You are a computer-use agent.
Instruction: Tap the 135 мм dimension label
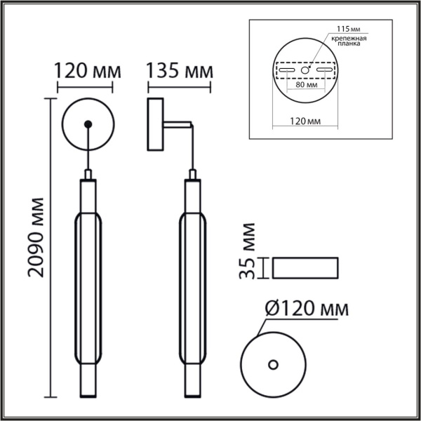coord(180,71)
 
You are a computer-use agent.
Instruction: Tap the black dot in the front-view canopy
coord(87,125)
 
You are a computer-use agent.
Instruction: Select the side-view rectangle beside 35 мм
coord(305,267)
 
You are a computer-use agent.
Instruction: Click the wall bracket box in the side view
coord(154,125)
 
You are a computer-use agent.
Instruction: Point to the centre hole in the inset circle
coord(305,71)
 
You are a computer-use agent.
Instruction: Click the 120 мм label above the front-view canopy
coord(88,71)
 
